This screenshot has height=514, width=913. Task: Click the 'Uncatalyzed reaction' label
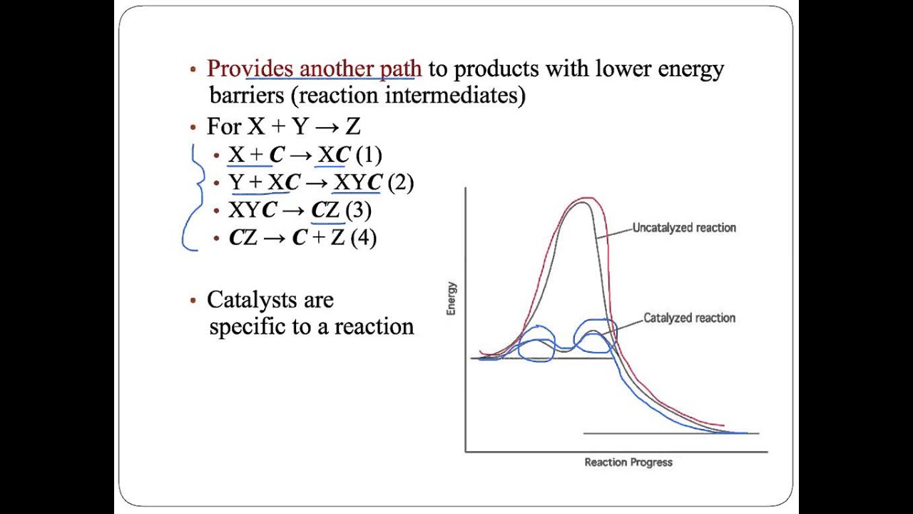(x=684, y=228)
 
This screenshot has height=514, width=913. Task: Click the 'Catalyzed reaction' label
(x=689, y=318)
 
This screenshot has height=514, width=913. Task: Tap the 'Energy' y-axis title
(x=452, y=298)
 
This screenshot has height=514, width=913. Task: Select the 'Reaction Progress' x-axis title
(x=628, y=462)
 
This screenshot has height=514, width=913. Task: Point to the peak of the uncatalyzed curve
(x=583, y=202)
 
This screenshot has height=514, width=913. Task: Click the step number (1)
(x=368, y=155)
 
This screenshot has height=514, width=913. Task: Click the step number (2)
(x=400, y=182)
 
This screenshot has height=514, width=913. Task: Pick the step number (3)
(x=358, y=210)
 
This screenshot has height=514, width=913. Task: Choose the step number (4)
(x=362, y=237)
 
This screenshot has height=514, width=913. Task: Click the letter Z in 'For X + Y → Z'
(x=353, y=127)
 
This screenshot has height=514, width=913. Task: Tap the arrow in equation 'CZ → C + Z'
(x=275, y=238)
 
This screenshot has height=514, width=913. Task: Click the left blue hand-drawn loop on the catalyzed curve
(x=536, y=344)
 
